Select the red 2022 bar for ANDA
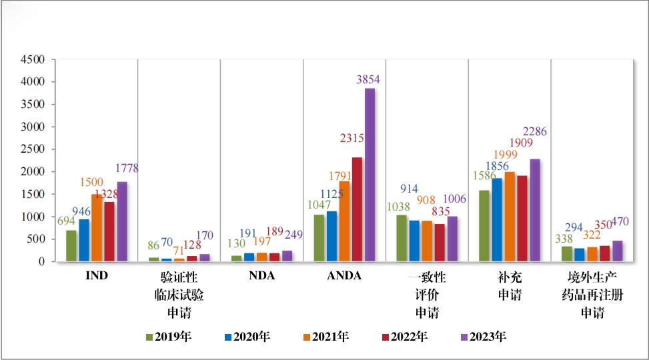click(357, 209)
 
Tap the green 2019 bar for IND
click(71, 245)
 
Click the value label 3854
click(368, 80)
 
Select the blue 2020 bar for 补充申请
click(497, 219)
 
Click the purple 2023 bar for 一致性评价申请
click(452, 239)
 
